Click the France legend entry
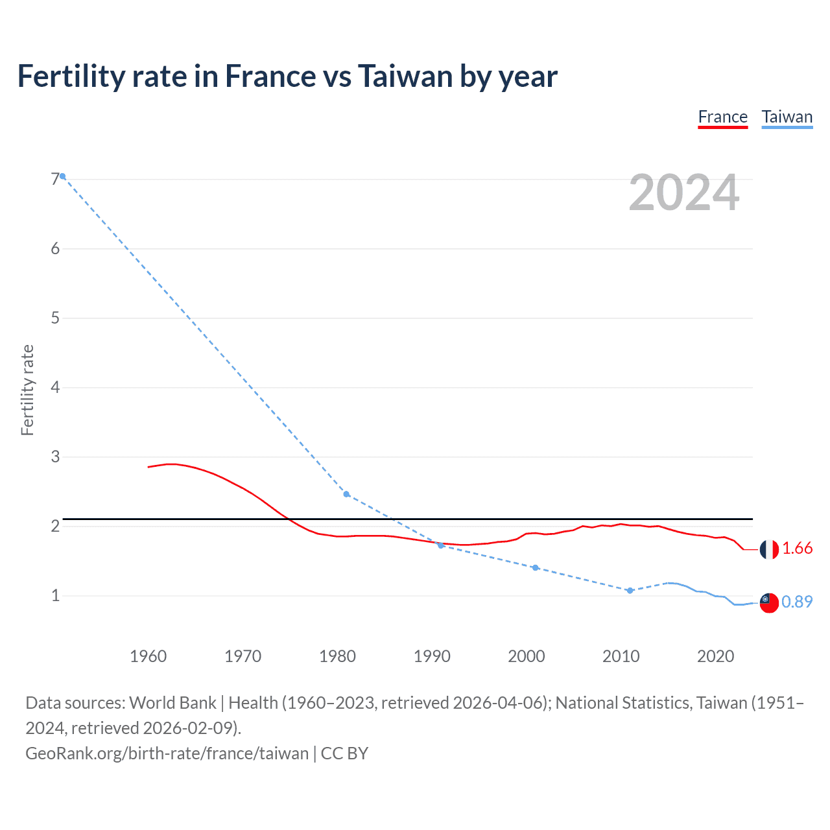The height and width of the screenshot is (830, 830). [x=722, y=117]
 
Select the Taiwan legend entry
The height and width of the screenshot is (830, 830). [x=787, y=117]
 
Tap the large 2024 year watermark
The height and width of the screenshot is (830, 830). [x=683, y=193]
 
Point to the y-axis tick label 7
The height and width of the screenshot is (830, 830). [x=55, y=180]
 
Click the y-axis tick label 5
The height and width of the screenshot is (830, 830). [x=55, y=318]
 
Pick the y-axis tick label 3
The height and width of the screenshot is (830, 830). [x=55, y=457]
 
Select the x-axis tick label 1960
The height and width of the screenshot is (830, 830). [x=148, y=656]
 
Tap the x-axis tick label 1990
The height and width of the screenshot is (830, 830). [x=432, y=656]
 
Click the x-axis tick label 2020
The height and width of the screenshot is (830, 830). [x=715, y=656]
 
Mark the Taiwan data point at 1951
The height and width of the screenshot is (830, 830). [x=63, y=176]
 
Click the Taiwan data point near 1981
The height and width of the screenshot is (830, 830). [x=346, y=494]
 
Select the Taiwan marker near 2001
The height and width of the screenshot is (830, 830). [x=535, y=567]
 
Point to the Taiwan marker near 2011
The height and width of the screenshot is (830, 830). [x=630, y=590]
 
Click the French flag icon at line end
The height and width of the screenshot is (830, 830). [x=768, y=549]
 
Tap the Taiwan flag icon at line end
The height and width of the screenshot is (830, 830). [x=768, y=602]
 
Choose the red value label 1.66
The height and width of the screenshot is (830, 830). [x=797, y=549]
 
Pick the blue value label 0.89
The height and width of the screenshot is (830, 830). [x=797, y=602]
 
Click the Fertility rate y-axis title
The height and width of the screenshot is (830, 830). [x=27, y=390]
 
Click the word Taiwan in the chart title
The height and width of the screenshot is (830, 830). [x=405, y=77]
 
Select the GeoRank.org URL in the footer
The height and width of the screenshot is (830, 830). [x=167, y=753]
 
